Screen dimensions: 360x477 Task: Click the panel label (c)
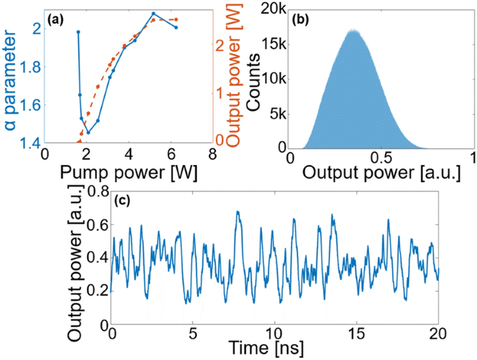click(125, 202)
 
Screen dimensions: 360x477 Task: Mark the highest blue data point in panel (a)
click(153, 13)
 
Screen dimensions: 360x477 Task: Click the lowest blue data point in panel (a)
click(88, 132)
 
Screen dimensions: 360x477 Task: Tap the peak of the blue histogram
click(354, 30)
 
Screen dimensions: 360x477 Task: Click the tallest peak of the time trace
click(237, 212)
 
